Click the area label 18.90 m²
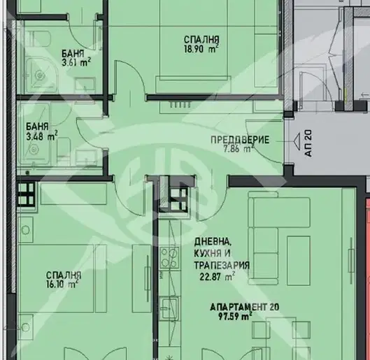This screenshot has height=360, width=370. point(201,49)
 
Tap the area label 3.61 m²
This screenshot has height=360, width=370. point(76,62)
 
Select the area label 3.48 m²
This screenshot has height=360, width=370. point(41,136)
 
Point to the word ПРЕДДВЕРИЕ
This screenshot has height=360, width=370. point(240,140)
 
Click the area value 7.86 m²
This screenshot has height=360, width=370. point(239,149)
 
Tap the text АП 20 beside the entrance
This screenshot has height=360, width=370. point(308,143)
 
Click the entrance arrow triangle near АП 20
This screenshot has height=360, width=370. point(297,141)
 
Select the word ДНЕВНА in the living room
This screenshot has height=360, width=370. point(212,242)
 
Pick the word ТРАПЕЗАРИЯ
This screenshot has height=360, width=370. point(222,265)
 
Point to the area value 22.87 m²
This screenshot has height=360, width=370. point(217,276)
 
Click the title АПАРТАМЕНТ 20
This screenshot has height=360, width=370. point(245,307)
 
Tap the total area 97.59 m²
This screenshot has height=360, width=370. point(235,316)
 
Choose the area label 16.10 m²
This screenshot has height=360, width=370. point(62,285)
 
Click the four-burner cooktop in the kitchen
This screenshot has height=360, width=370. point(169,258)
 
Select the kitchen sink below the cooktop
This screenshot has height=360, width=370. point(169,308)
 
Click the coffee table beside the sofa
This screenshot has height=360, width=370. point(298,261)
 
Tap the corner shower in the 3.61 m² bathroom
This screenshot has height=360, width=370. point(40,75)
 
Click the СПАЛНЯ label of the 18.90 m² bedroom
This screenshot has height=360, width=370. point(201,40)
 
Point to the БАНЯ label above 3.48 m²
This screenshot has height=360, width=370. point(37,127)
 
